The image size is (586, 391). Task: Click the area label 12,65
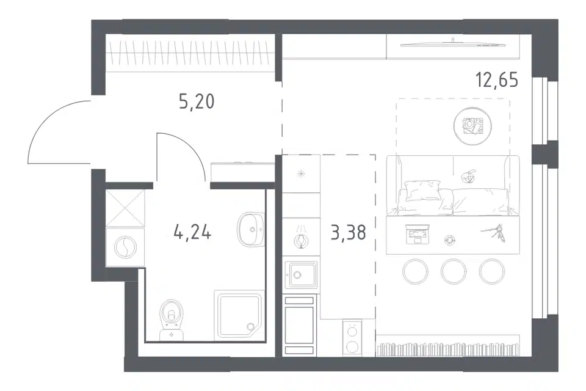pos(497,79)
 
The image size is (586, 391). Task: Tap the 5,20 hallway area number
pos(197,101)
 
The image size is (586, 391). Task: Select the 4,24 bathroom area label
pos(192,232)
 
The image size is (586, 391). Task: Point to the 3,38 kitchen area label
pos(348,232)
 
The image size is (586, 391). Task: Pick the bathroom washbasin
pos(251,229)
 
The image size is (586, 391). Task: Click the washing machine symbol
pos(125,247)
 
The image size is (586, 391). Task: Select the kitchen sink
pos(301,275)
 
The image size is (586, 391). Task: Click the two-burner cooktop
pos(352,337)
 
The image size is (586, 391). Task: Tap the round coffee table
pos(472,126)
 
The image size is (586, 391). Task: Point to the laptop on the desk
pos(418,234)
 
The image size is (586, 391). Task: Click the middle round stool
pos(454,271)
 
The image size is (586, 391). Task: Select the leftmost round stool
pos(415,271)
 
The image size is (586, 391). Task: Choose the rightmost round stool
pos(492,271)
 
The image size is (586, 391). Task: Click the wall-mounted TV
pos(452,45)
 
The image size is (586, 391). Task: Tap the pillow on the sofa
pos(422,191)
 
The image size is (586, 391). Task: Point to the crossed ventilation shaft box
pos(125,208)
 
